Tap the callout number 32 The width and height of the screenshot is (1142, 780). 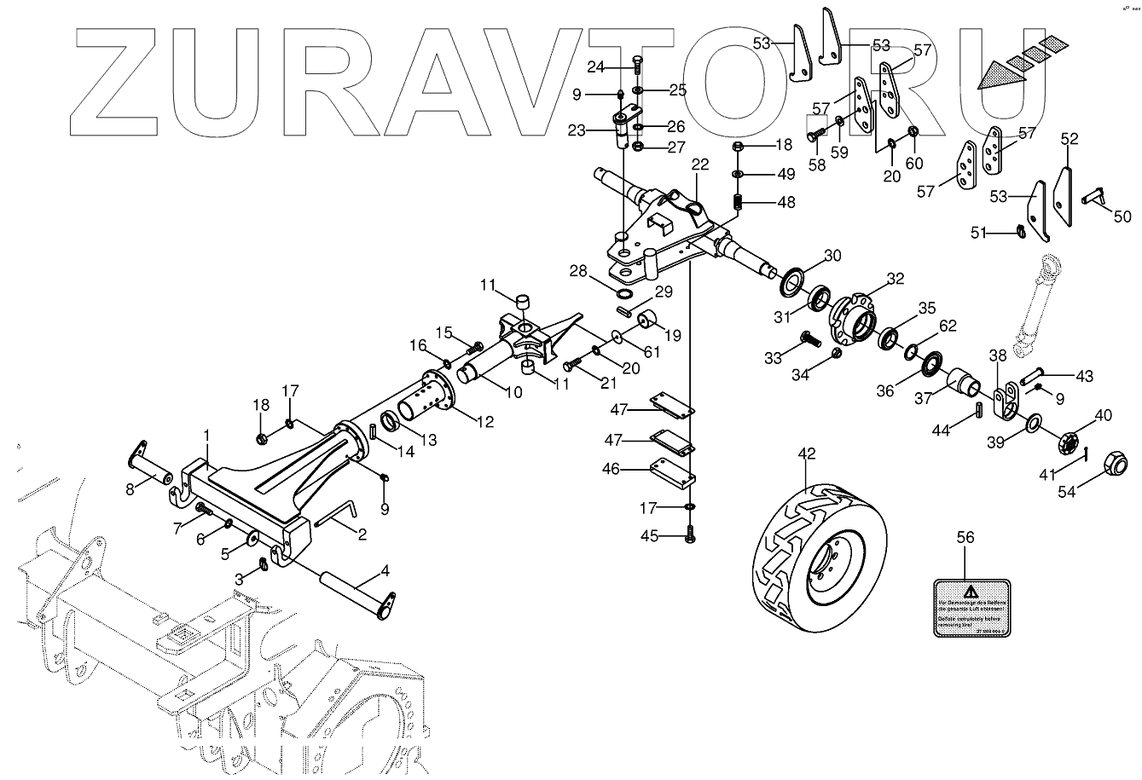click(x=895, y=278)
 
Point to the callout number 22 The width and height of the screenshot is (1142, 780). click(x=700, y=165)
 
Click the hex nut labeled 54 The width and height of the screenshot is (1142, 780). click(x=1112, y=465)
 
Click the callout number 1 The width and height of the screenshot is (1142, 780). click(x=206, y=435)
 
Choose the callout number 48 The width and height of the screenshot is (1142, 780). click(x=785, y=202)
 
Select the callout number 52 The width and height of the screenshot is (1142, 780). click(x=1070, y=138)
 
